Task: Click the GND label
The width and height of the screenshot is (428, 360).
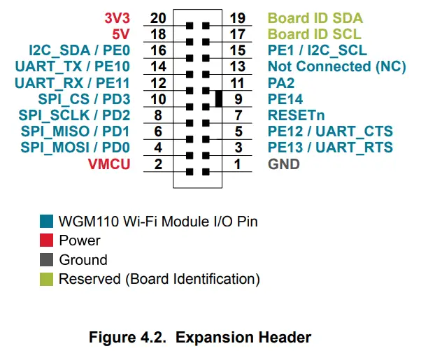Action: tap(284, 164)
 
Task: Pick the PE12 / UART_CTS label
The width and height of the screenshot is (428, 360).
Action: tap(330, 131)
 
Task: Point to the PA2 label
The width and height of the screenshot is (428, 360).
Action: tap(282, 82)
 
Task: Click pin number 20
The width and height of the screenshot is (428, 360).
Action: tap(159, 17)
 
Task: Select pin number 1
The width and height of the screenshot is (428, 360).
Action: tap(238, 164)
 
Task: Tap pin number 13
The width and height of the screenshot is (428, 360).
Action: tap(238, 66)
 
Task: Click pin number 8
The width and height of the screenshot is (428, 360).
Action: tap(159, 115)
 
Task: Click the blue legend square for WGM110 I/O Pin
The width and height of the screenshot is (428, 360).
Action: tap(46, 222)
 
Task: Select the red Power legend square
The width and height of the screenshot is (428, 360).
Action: tap(46, 240)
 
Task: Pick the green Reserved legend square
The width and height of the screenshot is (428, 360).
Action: tap(46, 279)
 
